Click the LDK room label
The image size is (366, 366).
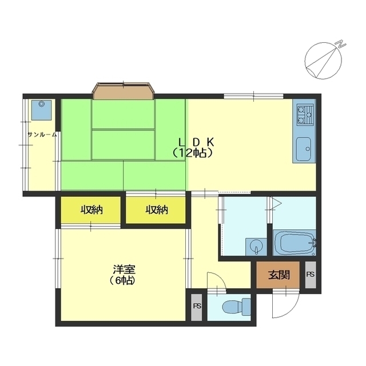[x=196, y=142]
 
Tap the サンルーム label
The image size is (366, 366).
[x=42, y=134]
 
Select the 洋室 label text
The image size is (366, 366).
[x=124, y=269]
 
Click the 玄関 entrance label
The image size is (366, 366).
[x=279, y=274]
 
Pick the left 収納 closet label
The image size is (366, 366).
[x=91, y=210]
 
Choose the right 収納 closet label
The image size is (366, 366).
[x=157, y=210]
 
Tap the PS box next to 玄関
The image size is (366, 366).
[x=311, y=274]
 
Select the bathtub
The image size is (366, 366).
[x=295, y=242]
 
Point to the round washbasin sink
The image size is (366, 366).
[x=256, y=246]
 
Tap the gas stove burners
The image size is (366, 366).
[x=304, y=114]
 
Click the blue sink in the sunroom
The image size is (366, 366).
[x=41, y=110]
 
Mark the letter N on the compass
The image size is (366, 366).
[x=341, y=44]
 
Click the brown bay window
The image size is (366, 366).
[x=124, y=91]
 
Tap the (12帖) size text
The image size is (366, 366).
[x=193, y=153]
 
